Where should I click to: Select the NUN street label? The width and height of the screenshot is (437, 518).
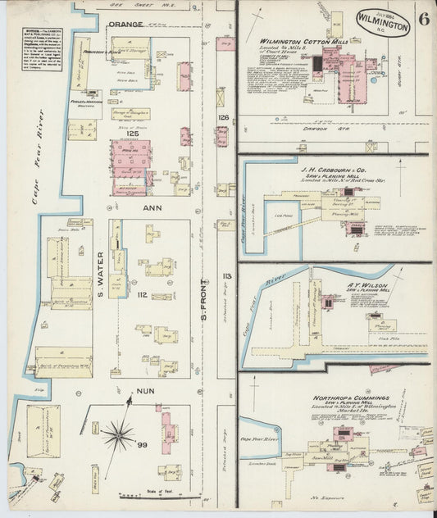pyautogui.click(x=145, y=391)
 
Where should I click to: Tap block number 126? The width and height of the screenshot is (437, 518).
pyautogui.click(x=223, y=117)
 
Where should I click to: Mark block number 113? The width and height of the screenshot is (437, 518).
pyautogui.click(x=222, y=275)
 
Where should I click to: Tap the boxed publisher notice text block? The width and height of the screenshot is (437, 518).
pyautogui.click(x=41, y=54)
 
